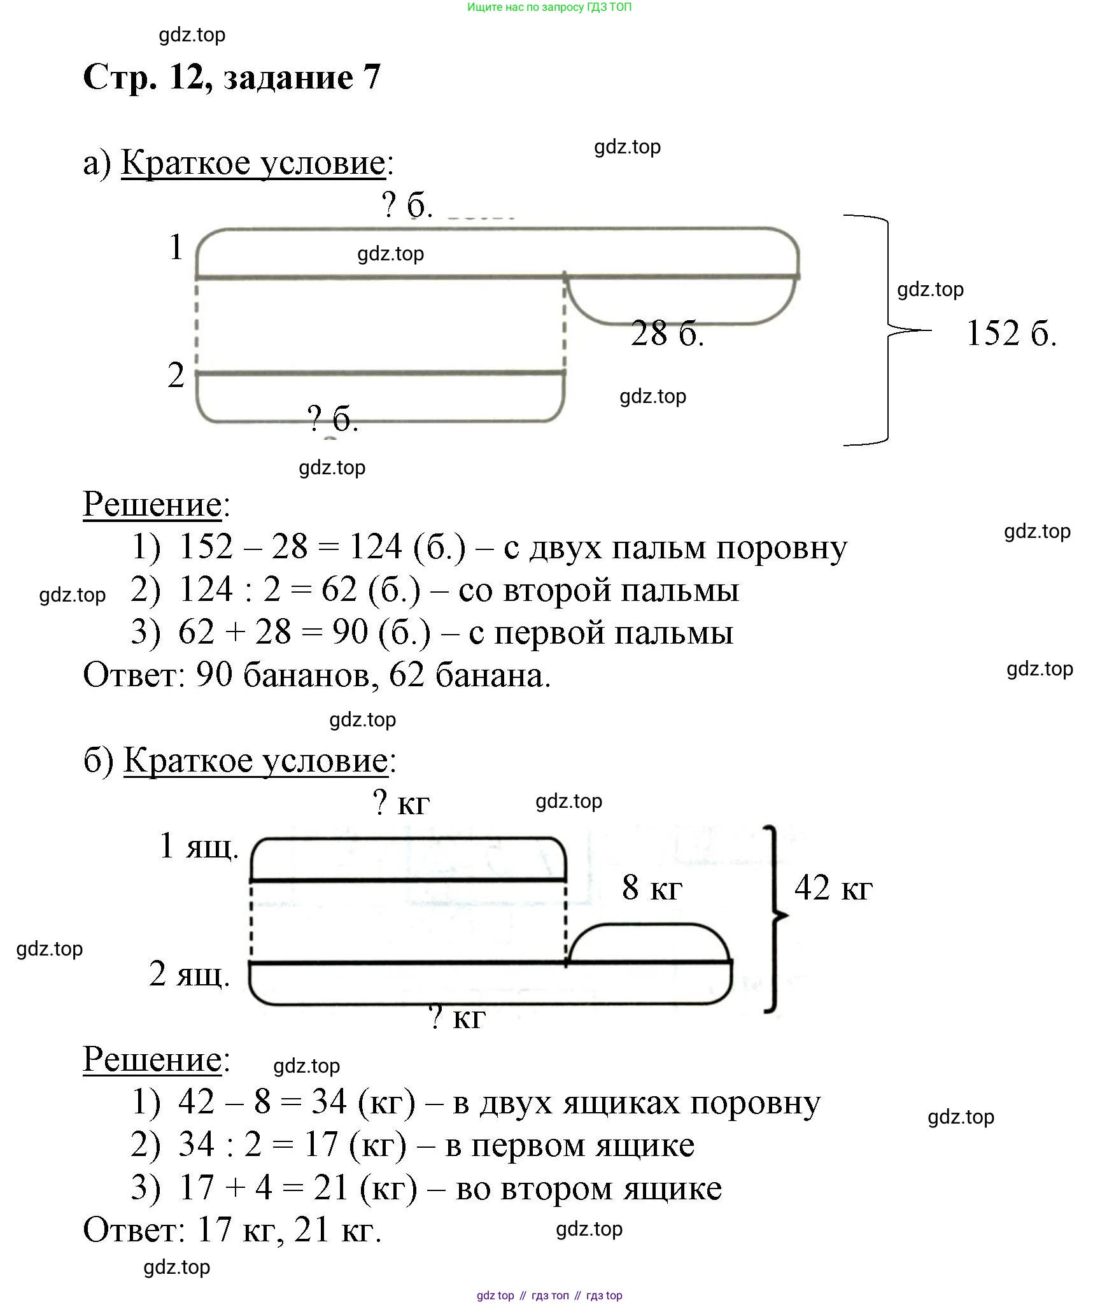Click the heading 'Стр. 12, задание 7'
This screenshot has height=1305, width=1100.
[232, 78]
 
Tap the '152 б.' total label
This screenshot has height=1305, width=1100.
[1011, 333]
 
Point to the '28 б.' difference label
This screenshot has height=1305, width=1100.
[667, 334]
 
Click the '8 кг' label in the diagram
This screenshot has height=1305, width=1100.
[652, 887]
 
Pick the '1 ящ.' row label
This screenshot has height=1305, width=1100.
[199, 846]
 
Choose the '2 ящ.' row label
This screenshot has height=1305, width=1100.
[189, 974]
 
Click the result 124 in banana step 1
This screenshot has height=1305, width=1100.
[376, 547]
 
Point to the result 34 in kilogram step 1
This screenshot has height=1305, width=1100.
[328, 1102]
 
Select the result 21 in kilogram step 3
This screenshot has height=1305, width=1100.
[330, 1188]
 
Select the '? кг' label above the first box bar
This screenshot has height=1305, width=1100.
[401, 803]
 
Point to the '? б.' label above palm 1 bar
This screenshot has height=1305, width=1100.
[407, 205]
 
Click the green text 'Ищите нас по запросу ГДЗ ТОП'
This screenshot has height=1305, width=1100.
[549, 8]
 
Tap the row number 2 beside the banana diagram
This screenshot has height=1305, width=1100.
[176, 375]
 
